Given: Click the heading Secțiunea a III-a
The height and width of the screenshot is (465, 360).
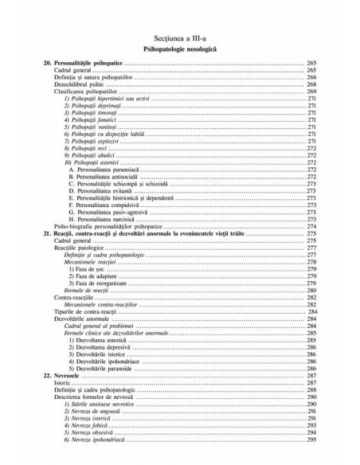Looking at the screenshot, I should click(x=179, y=37).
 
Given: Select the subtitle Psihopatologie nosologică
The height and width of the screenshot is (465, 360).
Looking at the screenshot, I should click(x=179, y=49).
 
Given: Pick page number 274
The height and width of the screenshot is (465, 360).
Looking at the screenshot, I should click(x=311, y=225).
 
